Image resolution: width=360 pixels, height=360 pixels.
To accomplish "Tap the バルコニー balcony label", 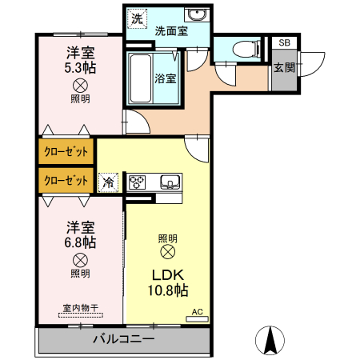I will click(123, 339).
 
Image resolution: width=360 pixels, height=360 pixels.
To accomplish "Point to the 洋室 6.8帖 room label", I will click(79, 234).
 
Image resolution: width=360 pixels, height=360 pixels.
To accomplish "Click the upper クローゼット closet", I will click(66, 150).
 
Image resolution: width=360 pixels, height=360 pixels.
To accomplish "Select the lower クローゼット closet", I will click(66, 180).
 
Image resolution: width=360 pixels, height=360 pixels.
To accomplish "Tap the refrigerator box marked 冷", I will click(108, 182).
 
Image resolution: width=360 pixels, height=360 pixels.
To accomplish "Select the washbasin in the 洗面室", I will click(195, 15).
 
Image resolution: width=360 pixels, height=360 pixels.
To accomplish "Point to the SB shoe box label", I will click(284, 43).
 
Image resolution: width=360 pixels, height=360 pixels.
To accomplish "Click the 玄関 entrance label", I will click(284, 68).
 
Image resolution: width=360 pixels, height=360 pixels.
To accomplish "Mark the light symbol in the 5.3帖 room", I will click(80, 86).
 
